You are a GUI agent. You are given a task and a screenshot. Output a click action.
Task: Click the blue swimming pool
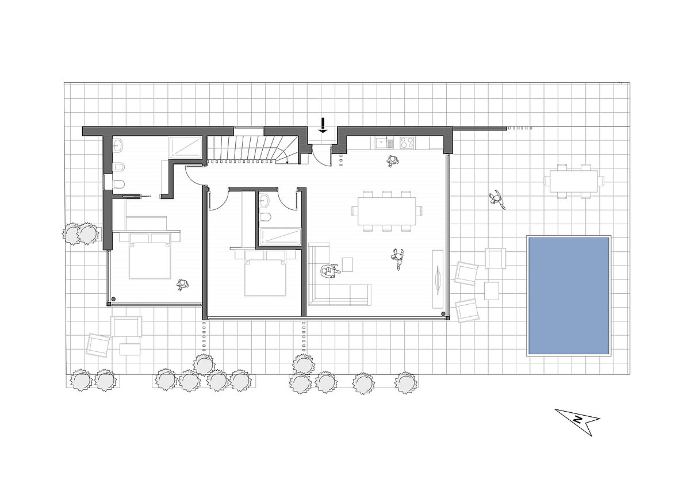(x=569, y=296)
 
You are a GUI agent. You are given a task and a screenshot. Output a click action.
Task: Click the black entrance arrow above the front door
(x=323, y=125)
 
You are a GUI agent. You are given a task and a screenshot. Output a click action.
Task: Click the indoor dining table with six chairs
(x=386, y=211)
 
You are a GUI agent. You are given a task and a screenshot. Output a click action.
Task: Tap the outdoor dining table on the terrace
(x=574, y=181)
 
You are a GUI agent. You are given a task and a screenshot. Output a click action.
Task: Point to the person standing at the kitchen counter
(x=392, y=161)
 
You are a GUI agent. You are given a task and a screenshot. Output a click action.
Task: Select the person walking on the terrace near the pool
(x=497, y=200)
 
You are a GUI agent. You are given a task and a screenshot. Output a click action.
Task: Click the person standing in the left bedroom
(x=183, y=285)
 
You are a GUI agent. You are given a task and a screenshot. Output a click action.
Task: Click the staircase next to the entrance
(x=252, y=149)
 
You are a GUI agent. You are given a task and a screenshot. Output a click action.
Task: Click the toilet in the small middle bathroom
(x=265, y=216)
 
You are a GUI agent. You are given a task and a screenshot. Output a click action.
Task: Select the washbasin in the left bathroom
(x=118, y=145)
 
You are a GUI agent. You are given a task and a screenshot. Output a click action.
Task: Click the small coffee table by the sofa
(x=347, y=264)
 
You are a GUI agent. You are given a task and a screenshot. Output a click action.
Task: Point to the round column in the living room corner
(x=443, y=314)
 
